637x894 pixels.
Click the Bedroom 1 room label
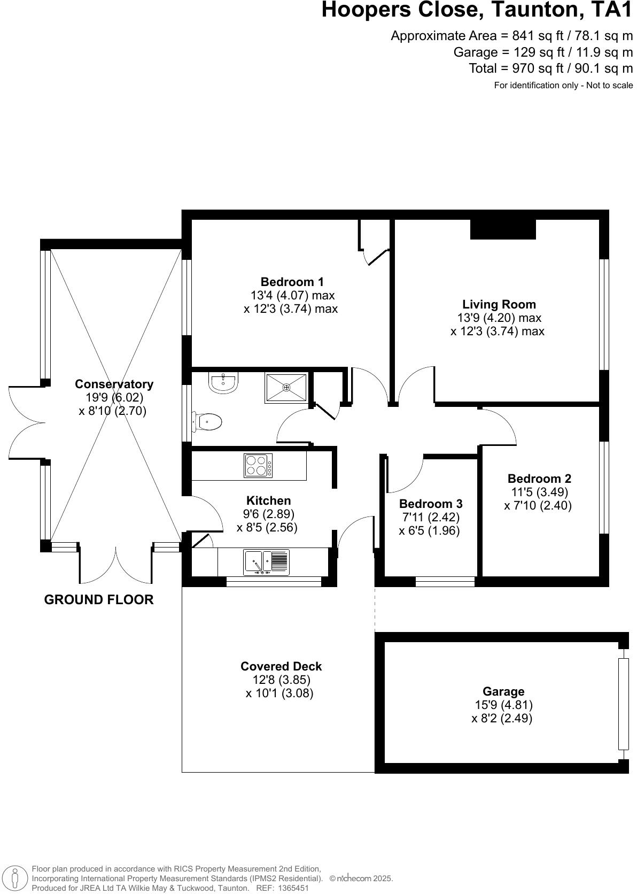(x=292, y=282)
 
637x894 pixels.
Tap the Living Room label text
(x=499, y=304)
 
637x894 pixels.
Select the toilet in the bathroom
(x=209, y=422)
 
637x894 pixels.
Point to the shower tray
(x=286, y=388)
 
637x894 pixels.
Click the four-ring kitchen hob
(x=258, y=465)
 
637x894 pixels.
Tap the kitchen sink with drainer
(x=266, y=562)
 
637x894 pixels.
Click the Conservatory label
(x=114, y=384)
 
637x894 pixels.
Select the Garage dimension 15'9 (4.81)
(x=503, y=705)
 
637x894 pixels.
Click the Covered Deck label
(x=281, y=666)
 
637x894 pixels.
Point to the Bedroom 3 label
(x=431, y=504)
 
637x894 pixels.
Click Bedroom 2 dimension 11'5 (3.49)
(x=539, y=492)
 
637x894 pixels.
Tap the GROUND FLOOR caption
(x=99, y=600)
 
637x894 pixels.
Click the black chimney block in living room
(x=503, y=229)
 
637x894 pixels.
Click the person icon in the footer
(x=15, y=878)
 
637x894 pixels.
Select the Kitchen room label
(x=268, y=500)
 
